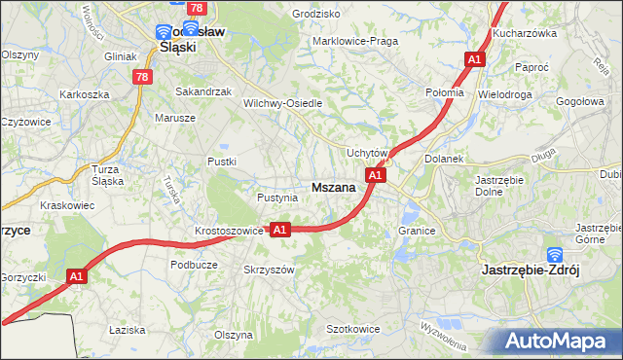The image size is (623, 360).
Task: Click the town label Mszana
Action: click(x=334, y=188)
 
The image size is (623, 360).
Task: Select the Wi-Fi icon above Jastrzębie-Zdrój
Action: click(x=555, y=254)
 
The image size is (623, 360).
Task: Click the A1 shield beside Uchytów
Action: click(x=377, y=175)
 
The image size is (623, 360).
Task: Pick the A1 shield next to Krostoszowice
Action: click(x=279, y=230)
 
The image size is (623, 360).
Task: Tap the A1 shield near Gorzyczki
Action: click(x=79, y=277)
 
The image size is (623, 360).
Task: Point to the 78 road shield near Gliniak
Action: click(x=143, y=78)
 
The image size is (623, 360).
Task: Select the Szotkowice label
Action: click(x=352, y=329)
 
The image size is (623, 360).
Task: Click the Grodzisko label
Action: click(x=316, y=15)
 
